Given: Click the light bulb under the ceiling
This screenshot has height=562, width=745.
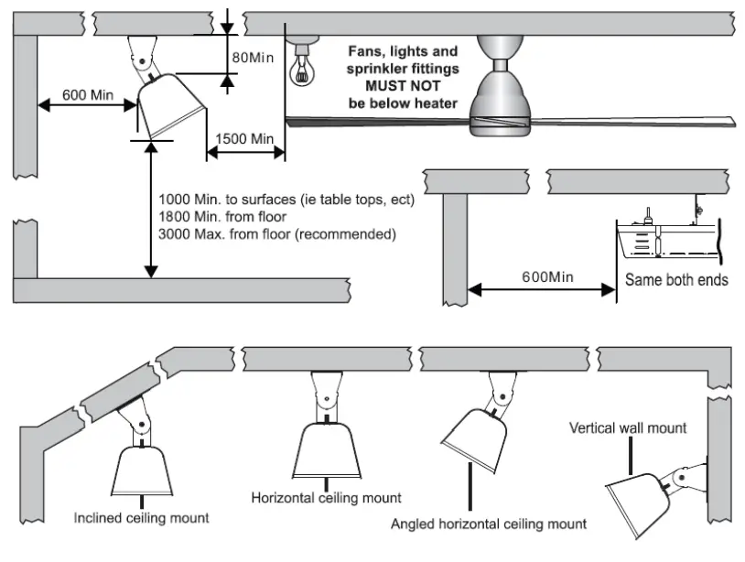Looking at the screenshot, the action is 302,67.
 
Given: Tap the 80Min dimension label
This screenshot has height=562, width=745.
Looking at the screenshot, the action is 253,58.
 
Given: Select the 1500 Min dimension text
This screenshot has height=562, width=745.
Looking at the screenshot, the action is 244,139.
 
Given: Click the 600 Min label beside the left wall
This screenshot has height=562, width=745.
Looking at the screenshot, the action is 88,95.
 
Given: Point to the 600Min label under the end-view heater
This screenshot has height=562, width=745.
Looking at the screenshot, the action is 547,276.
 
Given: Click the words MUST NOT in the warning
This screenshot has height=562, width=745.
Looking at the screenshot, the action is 403,86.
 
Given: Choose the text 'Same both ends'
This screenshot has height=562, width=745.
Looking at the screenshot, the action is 676,280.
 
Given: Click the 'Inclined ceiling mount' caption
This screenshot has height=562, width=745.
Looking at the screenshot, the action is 141,518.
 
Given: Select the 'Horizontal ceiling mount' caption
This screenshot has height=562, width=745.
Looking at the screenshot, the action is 326,498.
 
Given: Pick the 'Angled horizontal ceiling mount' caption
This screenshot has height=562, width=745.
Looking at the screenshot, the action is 489,524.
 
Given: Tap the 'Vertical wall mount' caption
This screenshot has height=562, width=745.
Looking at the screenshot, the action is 628,428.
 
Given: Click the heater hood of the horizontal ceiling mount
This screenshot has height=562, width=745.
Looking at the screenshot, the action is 327,450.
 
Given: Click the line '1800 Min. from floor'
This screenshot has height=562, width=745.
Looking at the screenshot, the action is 222,217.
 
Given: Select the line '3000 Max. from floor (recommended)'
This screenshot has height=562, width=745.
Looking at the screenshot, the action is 277,234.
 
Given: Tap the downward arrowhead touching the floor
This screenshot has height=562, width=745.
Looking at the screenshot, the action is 151,272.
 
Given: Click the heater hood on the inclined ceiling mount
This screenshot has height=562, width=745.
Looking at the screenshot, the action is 142,470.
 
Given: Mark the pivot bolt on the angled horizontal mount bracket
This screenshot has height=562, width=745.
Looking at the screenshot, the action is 503,396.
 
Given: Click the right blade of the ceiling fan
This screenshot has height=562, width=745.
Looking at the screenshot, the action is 632,122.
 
